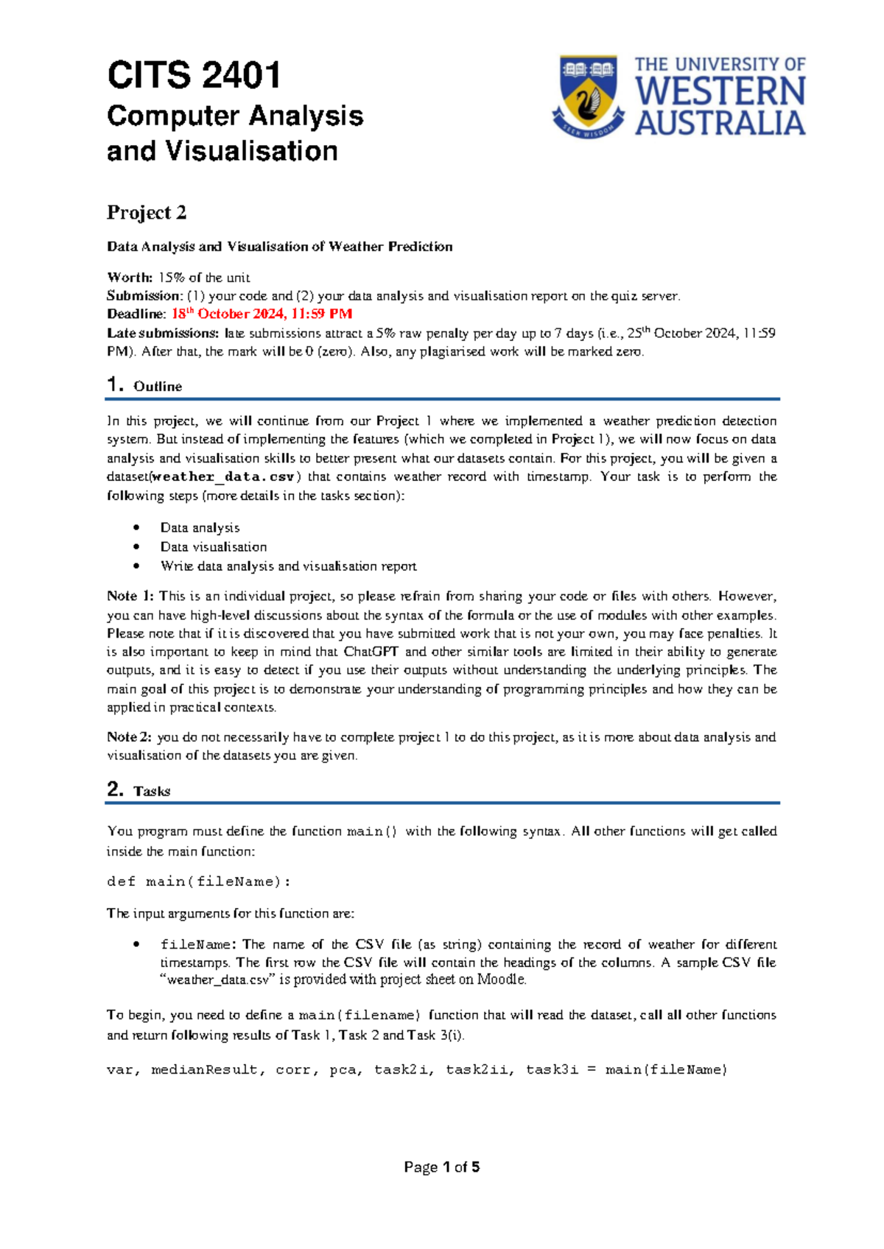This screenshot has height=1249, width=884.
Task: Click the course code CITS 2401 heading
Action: pyautogui.click(x=194, y=76)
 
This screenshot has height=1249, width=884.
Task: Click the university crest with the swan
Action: pyautogui.click(x=588, y=96)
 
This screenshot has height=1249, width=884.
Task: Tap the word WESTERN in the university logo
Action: pyautogui.click(x=720, y=92)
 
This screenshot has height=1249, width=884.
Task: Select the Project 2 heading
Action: pyautogui.click(x=147, y=213)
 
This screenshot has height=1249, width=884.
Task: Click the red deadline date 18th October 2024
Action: pyautogui.click(x=262, y=314)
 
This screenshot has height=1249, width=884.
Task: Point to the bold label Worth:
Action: pyautogui.click(x=130, y=278)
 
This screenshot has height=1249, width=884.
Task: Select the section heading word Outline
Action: pyautogui.click(x=158, y=387)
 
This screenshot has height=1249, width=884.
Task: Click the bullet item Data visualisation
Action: pyautogui.click(x=214, y=547)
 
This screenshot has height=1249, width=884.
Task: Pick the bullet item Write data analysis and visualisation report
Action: pyautogui.click(x=288, y=566)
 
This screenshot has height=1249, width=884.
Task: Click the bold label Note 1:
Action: pyautogui.click(x=130, y=597)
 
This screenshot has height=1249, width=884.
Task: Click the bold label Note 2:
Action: pyautogui.click(x=130, y=737)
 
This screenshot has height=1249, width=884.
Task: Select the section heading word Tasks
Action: pyautogui.click(x=152, y=792)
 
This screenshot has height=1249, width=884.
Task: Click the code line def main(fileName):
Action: pyautogui.click(x=199, y=882)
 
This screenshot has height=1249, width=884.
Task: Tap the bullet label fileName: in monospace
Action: pyautogui.click(x=198, y=945)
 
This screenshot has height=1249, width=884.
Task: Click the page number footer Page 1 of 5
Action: pyautogui.click(x=442, y=1167)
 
